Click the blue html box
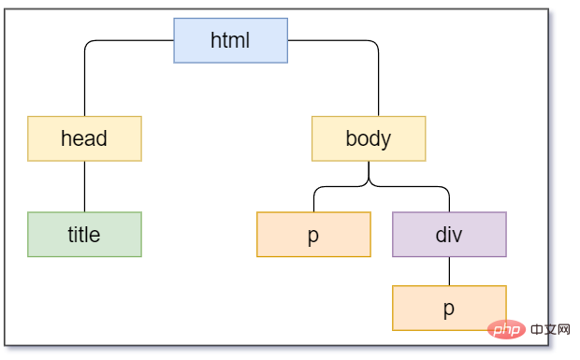(x=230, y=40)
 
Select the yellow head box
(x=84, y=138)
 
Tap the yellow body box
(x=369, y=138)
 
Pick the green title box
(x=84, y=235)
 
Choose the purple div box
(x=449, y=235)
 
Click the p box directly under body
(x=313, y=235)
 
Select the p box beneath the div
(x=449, y=308)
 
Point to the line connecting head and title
(x=84, y=187)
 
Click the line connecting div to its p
(x=449, y=271)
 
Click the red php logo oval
(x=506, y=329)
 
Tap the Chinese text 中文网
(x=550, y=329)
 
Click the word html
(x=230, y=40)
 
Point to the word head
(x=84, y=138)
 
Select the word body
(x=369, y=139)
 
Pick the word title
(x=84, y=235)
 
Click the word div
(x=449, y=235)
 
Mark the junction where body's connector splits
(x=369, y=181)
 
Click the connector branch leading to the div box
(x=411, y=187)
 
